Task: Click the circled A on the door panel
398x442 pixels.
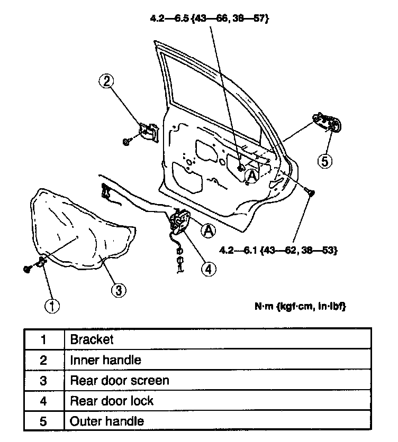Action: [252, 177]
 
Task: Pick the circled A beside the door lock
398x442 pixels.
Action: [209, 230]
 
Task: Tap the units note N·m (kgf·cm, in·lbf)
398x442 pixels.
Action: [301, 306]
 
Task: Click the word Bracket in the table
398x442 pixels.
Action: [92, 339]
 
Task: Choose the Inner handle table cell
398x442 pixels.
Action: [105, 360]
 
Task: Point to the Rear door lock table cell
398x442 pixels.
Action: [111, 400]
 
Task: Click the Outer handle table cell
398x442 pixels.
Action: [106, 421]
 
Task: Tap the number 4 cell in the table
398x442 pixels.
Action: [43, 400]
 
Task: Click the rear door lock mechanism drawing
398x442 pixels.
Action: [181, 222]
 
